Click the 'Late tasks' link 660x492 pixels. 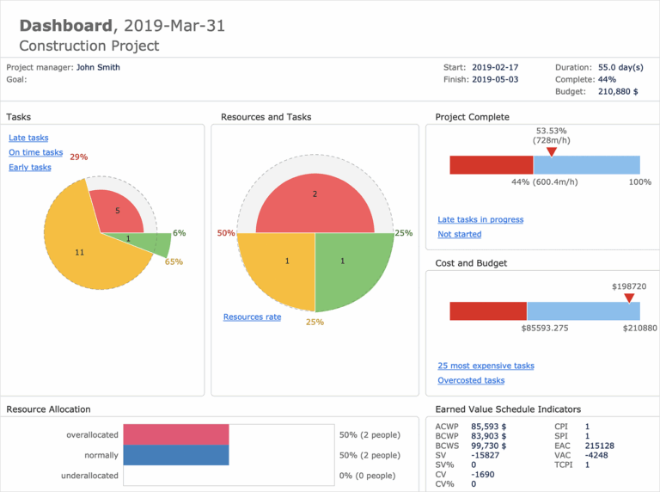click(28, 138)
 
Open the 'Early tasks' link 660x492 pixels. click(30, 167)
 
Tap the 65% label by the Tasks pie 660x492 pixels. click(174, 261)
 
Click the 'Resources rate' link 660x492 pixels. click(252, 317)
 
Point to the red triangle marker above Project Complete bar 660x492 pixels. click(552, 152)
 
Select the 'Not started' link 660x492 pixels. click(459, 234)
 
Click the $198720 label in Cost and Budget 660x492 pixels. click(628, 286)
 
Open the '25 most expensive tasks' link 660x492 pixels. click(486, 366)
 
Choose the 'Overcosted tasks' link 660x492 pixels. click(471, 380)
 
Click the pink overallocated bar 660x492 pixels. click(176, 434)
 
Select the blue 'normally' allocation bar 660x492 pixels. click(176, 455)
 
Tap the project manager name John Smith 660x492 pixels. click(98, 66)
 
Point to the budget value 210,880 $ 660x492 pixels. click(617, 91)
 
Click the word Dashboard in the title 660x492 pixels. click(65, 26)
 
